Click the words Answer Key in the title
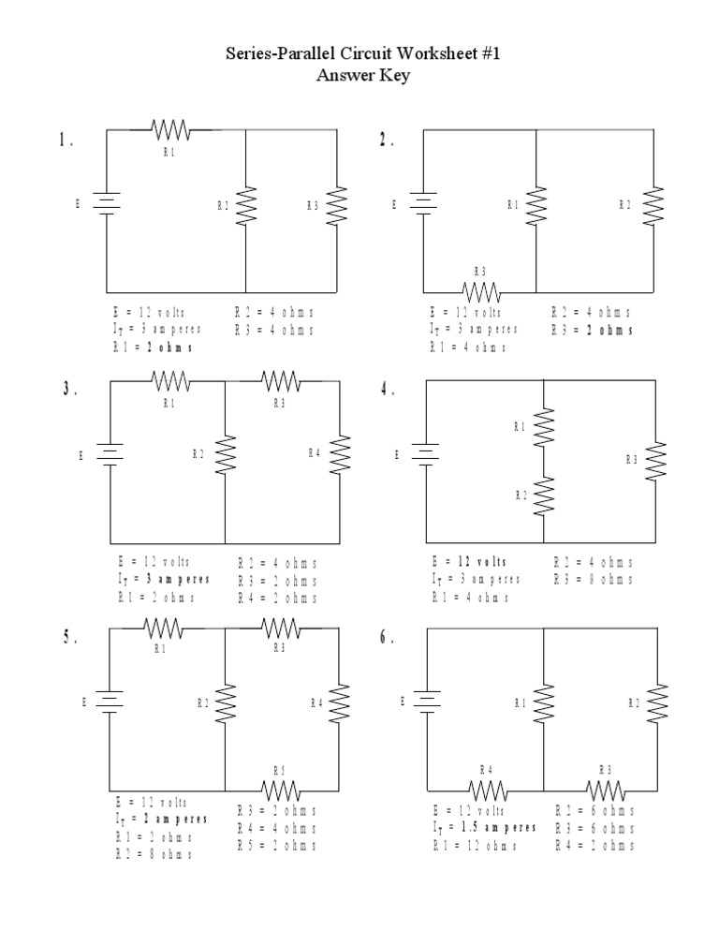point(363,76)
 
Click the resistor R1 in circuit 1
point(170,128)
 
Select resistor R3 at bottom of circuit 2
point(481,289)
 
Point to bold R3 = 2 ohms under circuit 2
point(592,330)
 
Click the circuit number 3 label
point(67,391)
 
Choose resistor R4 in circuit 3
point(338,454)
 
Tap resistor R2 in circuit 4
point(544,495)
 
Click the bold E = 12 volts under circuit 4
point(469,562)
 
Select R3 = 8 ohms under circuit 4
point(593,580)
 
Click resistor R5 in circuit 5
point(280,788)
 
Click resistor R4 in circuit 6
point(488,788)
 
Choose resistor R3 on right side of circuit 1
point(337,205)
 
